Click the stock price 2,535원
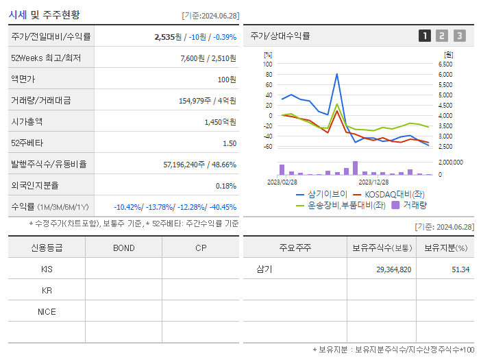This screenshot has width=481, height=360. point(168,37)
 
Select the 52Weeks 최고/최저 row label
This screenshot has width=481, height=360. point(46,58)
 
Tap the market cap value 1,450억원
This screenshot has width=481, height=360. point(220,122)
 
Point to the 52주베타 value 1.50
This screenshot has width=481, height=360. point(229,143)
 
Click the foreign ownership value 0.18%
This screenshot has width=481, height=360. point(225,186)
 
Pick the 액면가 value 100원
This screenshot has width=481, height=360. point(225,80)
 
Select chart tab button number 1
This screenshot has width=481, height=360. point(425,36)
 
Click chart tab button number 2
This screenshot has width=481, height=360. point(442,36)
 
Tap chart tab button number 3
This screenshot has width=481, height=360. point(459,36)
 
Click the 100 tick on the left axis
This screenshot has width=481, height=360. point(268,64)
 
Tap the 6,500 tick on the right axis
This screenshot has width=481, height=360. point(445,64)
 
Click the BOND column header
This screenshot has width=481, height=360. point(123,248)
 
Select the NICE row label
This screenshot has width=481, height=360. point(47,311)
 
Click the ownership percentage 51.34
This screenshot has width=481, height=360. point(460,269)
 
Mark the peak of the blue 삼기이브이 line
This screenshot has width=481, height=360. point(336,74)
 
